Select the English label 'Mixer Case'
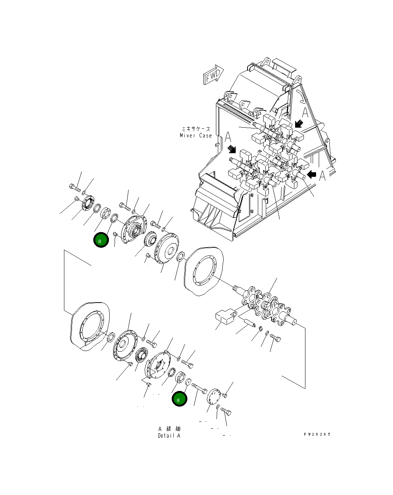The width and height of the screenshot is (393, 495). click(196, 136)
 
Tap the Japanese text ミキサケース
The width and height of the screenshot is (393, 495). click(196, 129)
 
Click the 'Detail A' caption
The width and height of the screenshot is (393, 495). click(169, 436)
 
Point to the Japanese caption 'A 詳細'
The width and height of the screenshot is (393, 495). click(169, 429)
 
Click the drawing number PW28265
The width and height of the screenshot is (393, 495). click(317, 434)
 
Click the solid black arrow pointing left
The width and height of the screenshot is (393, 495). click(312, 175)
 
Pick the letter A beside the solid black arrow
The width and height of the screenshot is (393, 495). click(323, 176)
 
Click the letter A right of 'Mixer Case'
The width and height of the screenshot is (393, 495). click(228, 137)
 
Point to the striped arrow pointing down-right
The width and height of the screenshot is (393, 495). click(231, 149)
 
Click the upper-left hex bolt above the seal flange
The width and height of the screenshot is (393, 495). click(74, 187)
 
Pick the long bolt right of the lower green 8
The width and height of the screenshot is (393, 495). click(199, 388)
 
